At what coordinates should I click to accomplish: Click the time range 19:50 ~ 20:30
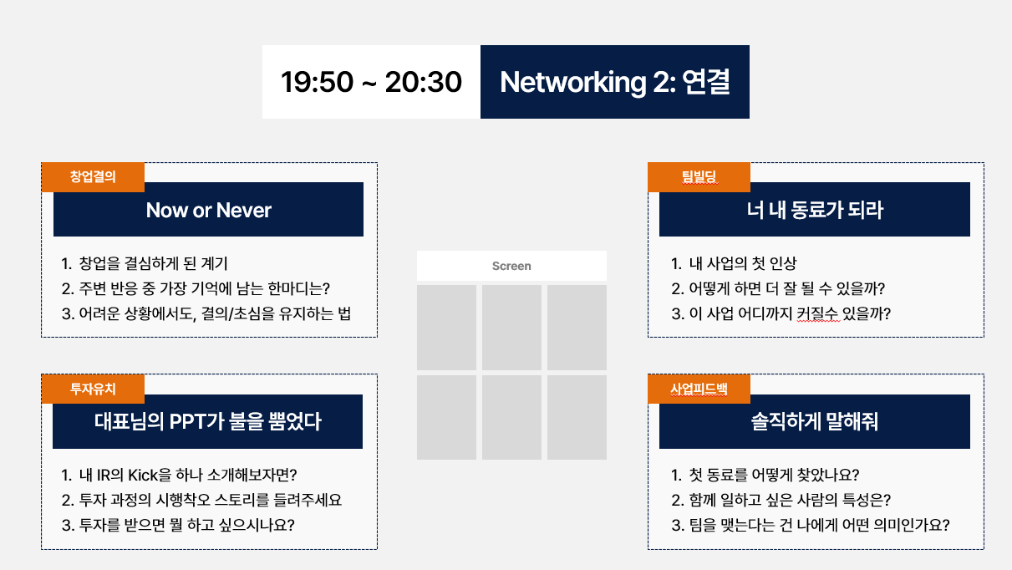(371, 82)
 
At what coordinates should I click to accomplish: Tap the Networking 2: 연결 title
(614, 82)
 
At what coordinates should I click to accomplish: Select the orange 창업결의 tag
(93, 176)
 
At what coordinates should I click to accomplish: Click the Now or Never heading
(208, 210)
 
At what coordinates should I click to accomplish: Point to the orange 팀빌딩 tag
(699, 176)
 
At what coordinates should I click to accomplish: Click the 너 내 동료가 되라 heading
(815, 210)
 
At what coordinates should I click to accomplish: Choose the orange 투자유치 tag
(93, 389)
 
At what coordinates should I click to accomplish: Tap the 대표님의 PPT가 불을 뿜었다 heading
(208, 421)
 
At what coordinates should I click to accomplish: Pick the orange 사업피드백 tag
(699, 389)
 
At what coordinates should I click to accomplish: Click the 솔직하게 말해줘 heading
(815, 421)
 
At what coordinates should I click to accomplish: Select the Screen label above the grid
(511, 266)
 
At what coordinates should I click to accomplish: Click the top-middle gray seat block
(511, 328)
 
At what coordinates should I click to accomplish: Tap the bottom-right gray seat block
(577, 417)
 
